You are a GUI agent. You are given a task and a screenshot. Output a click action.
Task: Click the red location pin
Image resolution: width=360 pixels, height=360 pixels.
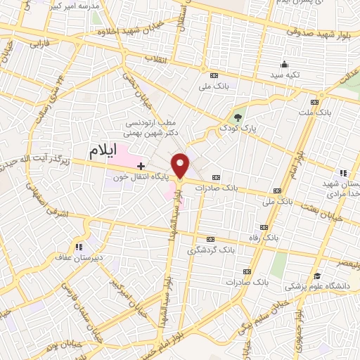click(x=182, y=165)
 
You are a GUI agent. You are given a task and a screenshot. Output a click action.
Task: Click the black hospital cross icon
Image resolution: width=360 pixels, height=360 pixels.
click(x=141, y=166)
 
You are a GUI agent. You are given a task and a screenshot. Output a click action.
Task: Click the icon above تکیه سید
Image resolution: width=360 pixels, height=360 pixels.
click(x=283, y=63)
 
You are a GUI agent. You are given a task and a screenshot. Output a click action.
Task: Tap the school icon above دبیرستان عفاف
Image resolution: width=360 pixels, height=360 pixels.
click(x=79, y=247)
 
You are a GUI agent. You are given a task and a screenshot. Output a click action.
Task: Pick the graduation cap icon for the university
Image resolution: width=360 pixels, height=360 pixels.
click(x=318, y=275)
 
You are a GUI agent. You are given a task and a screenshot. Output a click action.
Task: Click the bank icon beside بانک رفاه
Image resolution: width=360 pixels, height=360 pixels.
click(x=264, y=227)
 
